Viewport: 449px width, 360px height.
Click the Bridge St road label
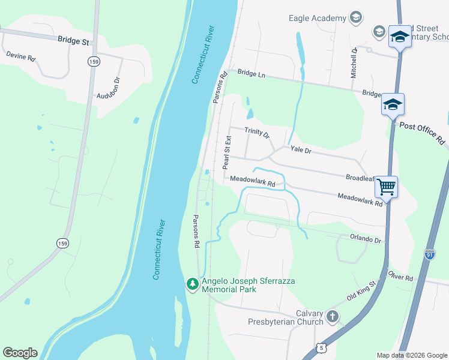point(73,41)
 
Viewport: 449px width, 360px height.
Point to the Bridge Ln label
point(251,73)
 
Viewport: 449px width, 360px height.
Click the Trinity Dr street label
point(257,133)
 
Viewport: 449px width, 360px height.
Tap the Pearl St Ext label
point(227,152)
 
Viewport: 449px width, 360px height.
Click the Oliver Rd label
point(400,278)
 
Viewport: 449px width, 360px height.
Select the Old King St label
point(361,290)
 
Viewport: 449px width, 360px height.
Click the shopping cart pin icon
point(387,186)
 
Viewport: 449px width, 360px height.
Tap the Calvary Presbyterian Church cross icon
point(333,316)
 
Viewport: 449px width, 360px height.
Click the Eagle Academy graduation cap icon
point(356,18)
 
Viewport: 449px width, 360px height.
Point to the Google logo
point(20,353)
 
